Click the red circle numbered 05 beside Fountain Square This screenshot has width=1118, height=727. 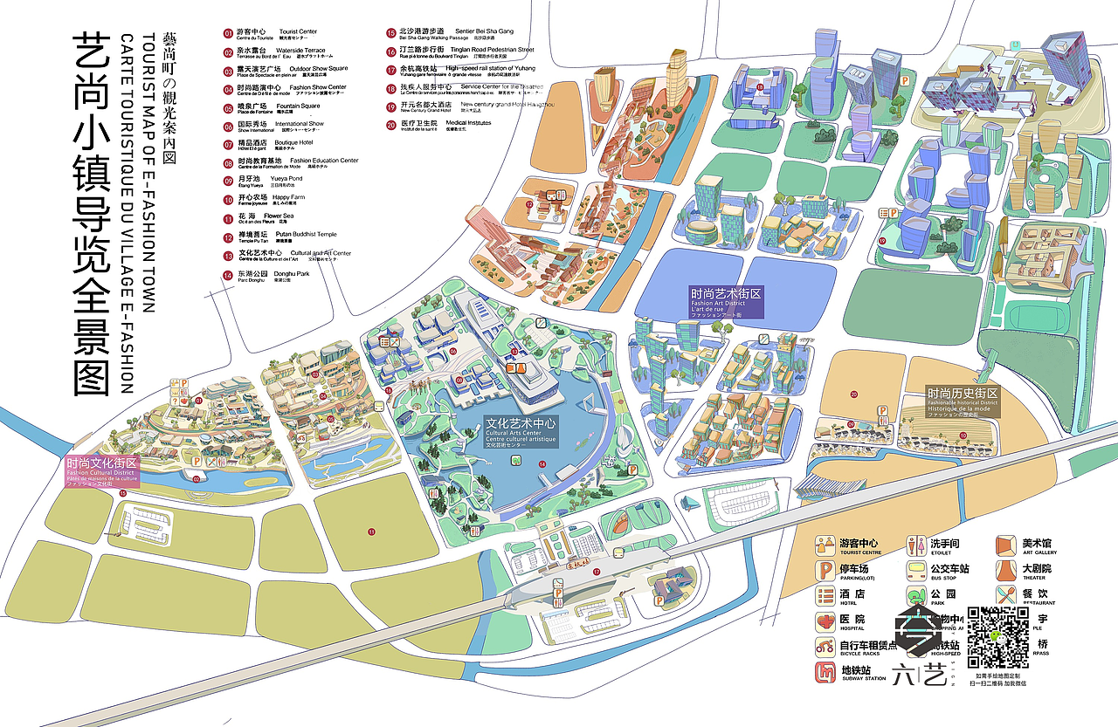[228, 107]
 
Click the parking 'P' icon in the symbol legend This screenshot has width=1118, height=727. [825, 570]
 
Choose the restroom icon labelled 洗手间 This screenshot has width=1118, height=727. [915, 545]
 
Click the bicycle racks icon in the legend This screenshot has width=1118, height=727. [825, 647]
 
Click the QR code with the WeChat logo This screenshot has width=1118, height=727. [998, 637]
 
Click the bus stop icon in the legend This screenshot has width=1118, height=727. [915, 570]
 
